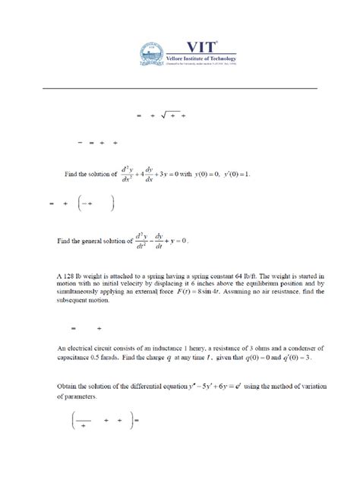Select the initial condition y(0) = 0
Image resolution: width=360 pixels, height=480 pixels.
coord(194,174)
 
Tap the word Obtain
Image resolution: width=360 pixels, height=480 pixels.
coord(70,388)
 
